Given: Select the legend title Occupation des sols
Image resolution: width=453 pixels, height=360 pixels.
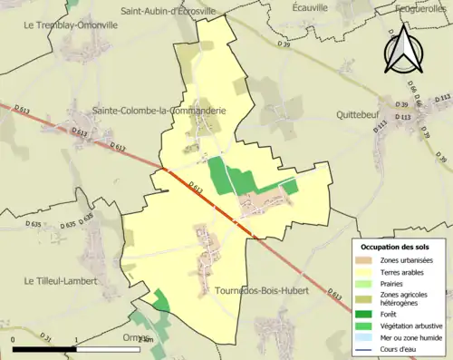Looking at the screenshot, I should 397,247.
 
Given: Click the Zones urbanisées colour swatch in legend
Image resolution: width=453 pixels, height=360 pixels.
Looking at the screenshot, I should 362,261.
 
